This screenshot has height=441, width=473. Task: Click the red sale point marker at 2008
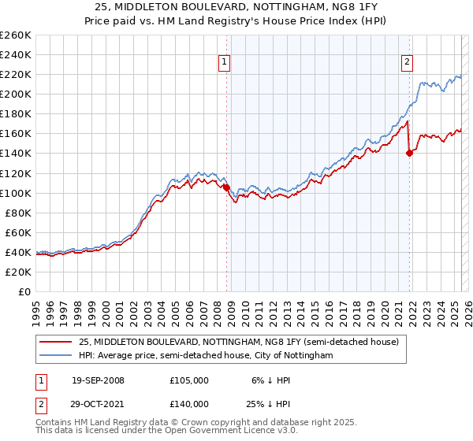point(226,187)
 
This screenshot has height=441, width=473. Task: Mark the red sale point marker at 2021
point(409,154)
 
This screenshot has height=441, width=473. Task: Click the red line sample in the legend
point(56,342)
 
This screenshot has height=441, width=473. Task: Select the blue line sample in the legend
point(56,356)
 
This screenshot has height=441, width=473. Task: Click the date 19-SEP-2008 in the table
point(98,380)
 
